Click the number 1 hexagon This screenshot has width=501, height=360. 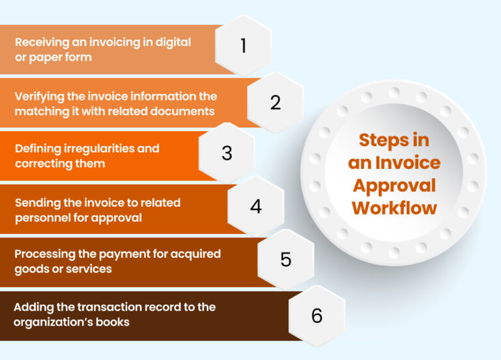tap(243, 46)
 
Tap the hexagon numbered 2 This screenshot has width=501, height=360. tap(275, 102)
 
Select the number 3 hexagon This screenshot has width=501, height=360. tap(226, 153)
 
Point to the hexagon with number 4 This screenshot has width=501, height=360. tap(255, 206)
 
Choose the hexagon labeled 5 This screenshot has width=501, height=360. tap(286, 259)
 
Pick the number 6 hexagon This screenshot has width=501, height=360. tap(316, 316)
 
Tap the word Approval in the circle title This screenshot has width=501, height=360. tap(393, 185)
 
